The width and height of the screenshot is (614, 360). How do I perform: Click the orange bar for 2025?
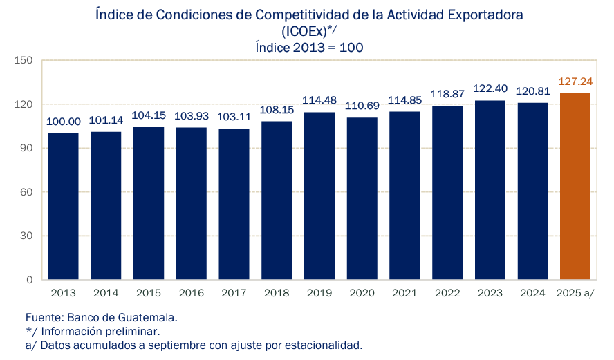pyautogui.click(x=575, y=187)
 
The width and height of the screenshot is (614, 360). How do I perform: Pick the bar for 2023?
pyautogui.click(x=490, y=190)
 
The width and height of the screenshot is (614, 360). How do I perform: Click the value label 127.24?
pyautogui.click(x=575, y=82)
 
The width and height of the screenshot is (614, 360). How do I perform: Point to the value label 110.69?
pyautogui.click(x=362, y=106)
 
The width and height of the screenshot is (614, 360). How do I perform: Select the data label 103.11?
pyautogui.click(x=234, y=117)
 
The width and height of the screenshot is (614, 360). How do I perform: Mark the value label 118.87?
pyautogui.click(x=447, y=94)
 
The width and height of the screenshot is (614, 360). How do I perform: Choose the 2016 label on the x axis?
pyautogui.click(x=192, y=293)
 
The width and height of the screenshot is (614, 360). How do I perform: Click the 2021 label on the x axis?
pyautogui.click(x=404, y=293)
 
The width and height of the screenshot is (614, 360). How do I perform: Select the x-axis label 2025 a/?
pyautogui.click(x=575, y=293)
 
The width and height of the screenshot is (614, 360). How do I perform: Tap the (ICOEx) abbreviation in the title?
pyautogui.click(x=303, y=31)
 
